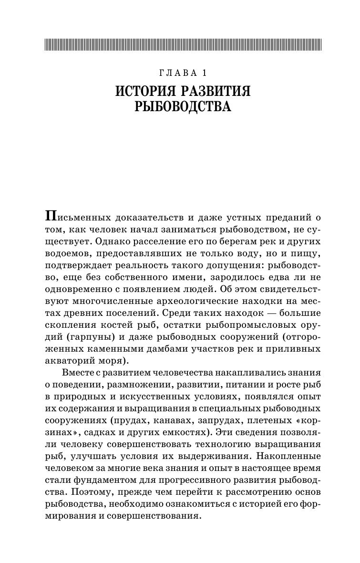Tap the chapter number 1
pos(204,73)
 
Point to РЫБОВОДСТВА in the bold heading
pos(183,107)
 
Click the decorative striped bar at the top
pos(183,44)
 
